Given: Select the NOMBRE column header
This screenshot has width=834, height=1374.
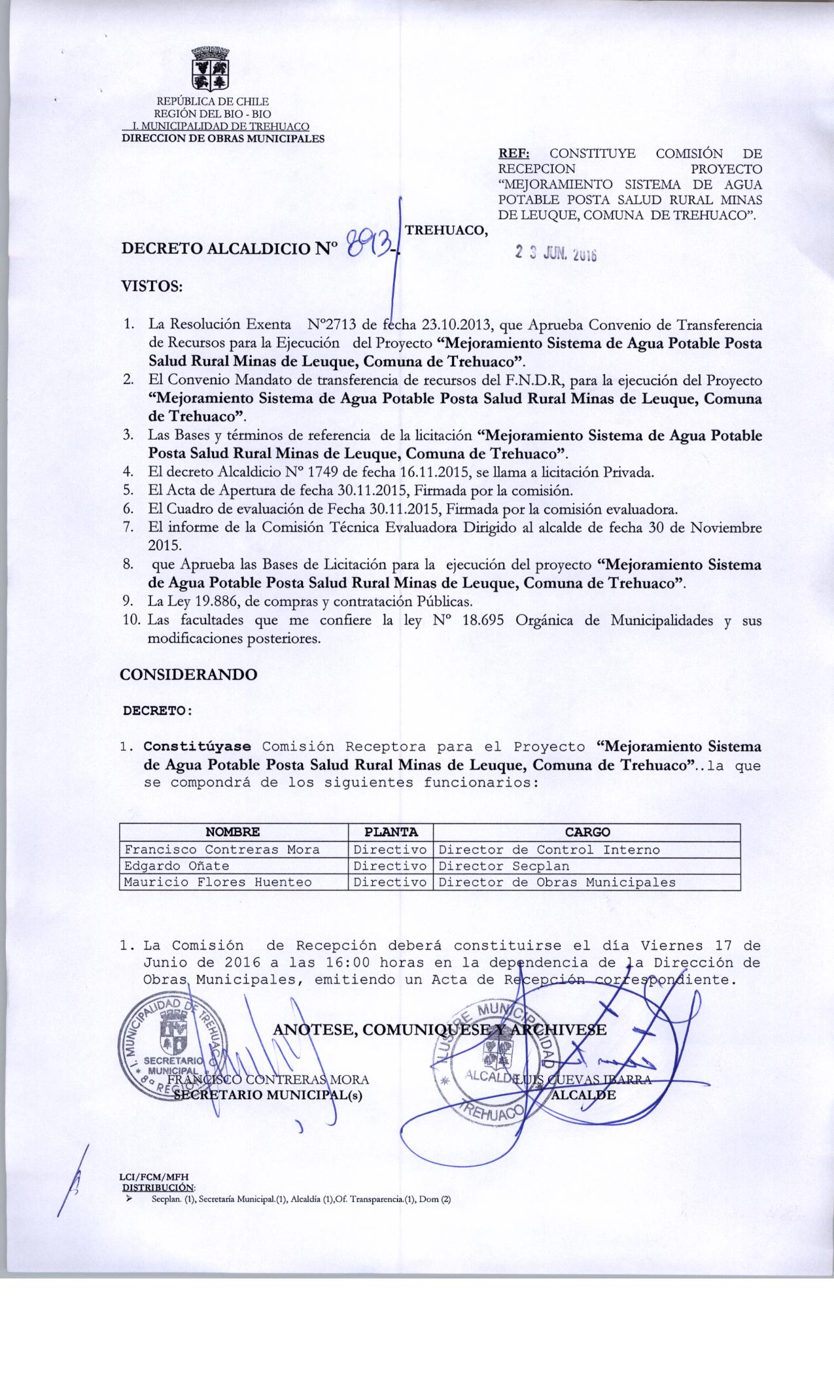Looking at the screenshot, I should [232, 832].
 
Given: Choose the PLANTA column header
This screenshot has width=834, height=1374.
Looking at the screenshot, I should [391, 832].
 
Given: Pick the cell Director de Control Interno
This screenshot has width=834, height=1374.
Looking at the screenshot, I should [549, 850].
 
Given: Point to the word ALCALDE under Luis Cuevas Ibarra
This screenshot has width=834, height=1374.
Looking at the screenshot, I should [583, 1094].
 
